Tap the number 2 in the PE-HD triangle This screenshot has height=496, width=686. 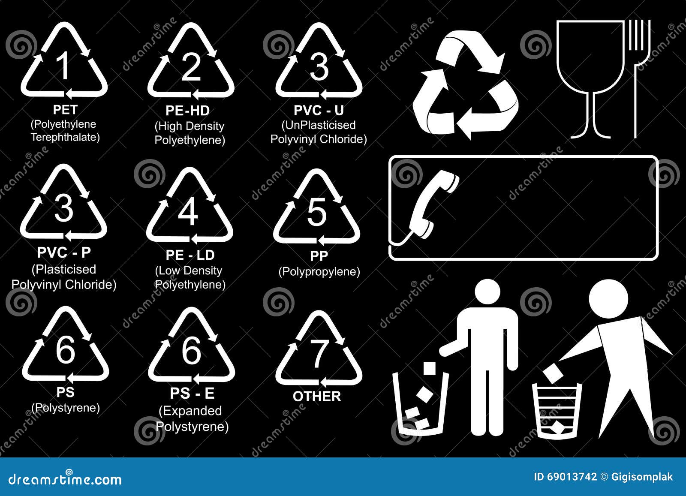(191, 67)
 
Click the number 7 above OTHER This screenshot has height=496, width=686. (318, 354)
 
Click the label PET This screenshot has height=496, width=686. (65, 110)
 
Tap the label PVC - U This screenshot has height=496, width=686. (319, 110)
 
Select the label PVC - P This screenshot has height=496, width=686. (64, 253)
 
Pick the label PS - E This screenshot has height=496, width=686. (192, 393)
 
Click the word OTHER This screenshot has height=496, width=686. (317, 397)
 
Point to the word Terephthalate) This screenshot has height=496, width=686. (65, 137)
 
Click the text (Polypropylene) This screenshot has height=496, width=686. (319, 271)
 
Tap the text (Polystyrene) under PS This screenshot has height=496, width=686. (66, 407)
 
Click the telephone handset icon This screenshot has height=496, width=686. (433, 204)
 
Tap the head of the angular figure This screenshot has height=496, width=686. (608, 299)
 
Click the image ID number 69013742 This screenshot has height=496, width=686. (572, 477)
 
